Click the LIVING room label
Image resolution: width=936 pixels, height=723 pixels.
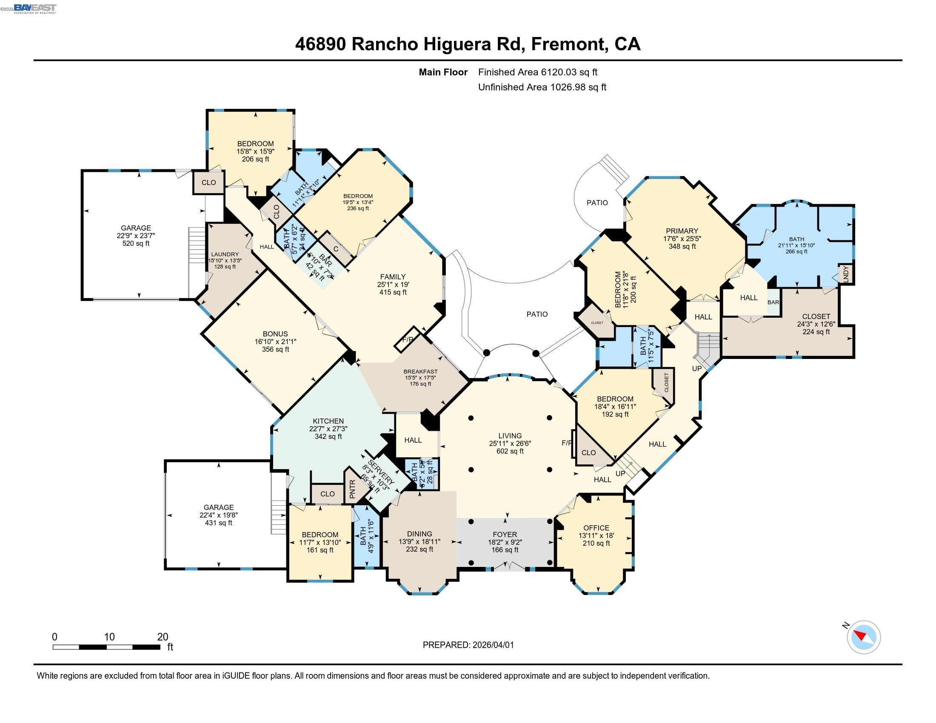pyautogui.click(x=510, y=436)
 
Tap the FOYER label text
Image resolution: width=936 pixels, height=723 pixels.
pyautogui.click(x=505, y=535)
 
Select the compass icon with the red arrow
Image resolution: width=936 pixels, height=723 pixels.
pyautogui.click(x=864, y=637)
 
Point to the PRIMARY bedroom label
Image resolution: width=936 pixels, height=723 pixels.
pyautogui.click(x=682, y=231)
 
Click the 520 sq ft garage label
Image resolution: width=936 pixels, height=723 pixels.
pyautogui.click(x=136, y=236)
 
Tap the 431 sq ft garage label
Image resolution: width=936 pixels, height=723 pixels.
pyautogui.click(x=219, y=515)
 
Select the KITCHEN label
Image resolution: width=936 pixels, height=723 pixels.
pyautogui.click(x=328, y=421)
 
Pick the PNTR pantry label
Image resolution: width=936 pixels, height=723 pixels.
pyautogui.click(x=352, y=489)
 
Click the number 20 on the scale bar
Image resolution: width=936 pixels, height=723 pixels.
pyautogui.click(x=163, y=637)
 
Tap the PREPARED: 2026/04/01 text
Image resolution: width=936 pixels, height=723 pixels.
pyautogui.click(x=468, y=645)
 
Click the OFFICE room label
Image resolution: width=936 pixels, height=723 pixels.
pyautogui.click(x=596, y=528)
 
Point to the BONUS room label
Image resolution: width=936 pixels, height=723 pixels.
pyautogui.click(x=275, y=334)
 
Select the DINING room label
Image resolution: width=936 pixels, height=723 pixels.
pyautogui.click(x=419, y=534)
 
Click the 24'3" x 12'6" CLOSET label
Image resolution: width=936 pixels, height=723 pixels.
pyautogui.click(x=816, y=324)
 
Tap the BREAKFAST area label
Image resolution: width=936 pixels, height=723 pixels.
pyautogui.click(x=420, y=371)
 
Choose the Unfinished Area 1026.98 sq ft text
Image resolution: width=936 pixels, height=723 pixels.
pyautogui.click(x=542, y=87)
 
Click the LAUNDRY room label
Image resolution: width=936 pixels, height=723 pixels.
pyautogui.click(x=225, y=254)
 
